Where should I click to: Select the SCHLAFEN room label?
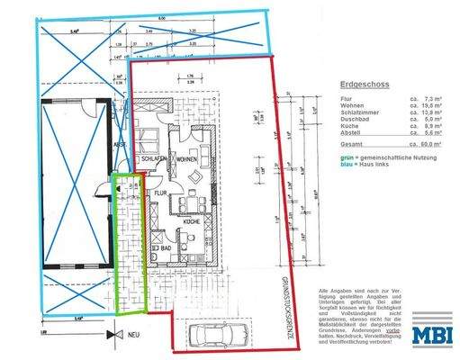150,160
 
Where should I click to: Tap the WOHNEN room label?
187,160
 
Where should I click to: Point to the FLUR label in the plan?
158,192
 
